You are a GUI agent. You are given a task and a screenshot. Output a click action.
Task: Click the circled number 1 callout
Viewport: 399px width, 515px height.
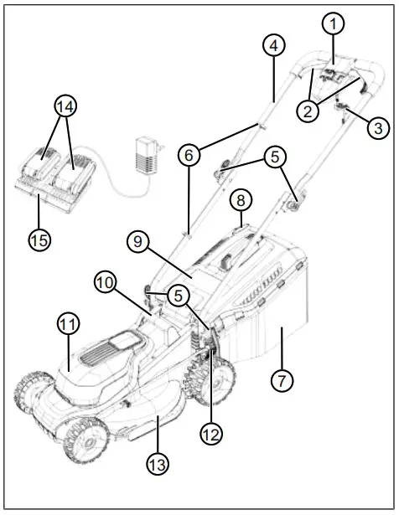[x=334, y=24]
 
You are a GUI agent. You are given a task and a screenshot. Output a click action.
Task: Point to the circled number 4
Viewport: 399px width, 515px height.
[x=274, y=46]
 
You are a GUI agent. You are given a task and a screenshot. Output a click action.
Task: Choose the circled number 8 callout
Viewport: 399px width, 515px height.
[x=241, y=202]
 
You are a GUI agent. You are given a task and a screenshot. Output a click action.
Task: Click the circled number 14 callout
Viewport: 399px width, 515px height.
[x=64, y=106]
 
